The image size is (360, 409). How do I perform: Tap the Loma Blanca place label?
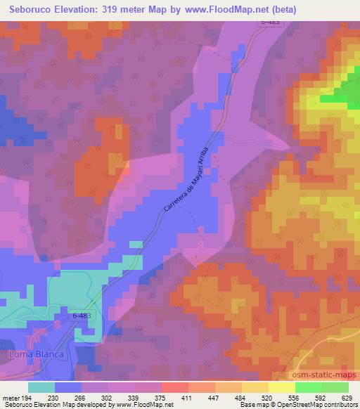click(36, 354)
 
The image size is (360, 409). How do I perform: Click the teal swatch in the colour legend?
click(41, 387)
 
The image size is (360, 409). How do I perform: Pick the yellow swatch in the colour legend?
click(281, 387)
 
